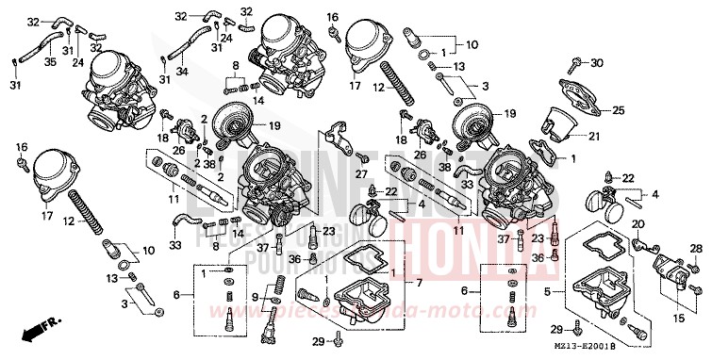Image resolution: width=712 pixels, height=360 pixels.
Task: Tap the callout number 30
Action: click(x=596, y=63)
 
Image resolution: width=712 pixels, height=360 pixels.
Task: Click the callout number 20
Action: click(x=637, y=223)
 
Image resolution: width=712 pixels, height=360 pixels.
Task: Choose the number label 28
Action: click(x=697, y=248)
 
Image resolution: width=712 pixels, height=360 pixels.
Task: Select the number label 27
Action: click(x=361, y=174)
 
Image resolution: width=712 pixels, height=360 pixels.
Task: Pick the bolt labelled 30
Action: click(x=574, y=65)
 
